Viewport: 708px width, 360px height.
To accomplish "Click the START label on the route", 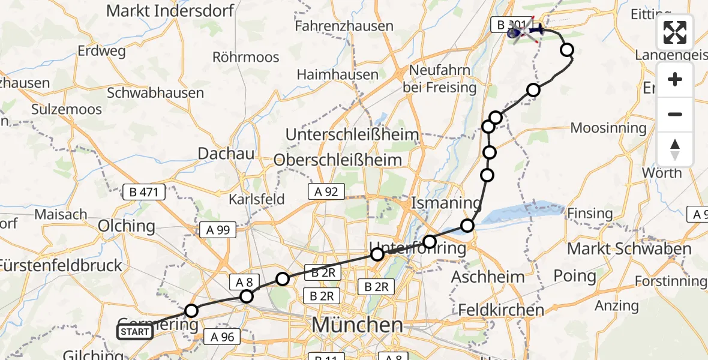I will pyautogui.click(x=134, y=332).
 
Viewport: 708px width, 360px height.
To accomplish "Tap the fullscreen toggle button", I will pyautogui.click(x=675, y=32).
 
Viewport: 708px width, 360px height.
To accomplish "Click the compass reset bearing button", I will pyautogui.click(x=675, y=149).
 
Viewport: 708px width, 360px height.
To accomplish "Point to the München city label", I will pyautogui.click(x=358, y=326).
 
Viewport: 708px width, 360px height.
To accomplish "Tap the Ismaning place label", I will pyautogui.click(x=446, y=203).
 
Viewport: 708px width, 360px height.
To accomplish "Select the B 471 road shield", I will pyautogui.click(x=143, y=192).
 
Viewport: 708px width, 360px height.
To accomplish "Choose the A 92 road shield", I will pyautogui.click(x=327, y=191).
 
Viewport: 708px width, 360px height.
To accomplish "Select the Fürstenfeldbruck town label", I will pyautogui.click(x=61, y=265).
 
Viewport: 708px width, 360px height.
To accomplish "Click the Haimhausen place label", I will pyautogui.click(x=335, y=74).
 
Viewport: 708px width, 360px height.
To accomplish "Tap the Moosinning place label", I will pyautogui.click(x=608, y=128).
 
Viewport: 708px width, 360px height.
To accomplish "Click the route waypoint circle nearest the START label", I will pyautogui.click(x=191, y=311).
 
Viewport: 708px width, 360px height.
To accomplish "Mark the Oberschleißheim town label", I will pyautogui.click(x=337, y=160).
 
